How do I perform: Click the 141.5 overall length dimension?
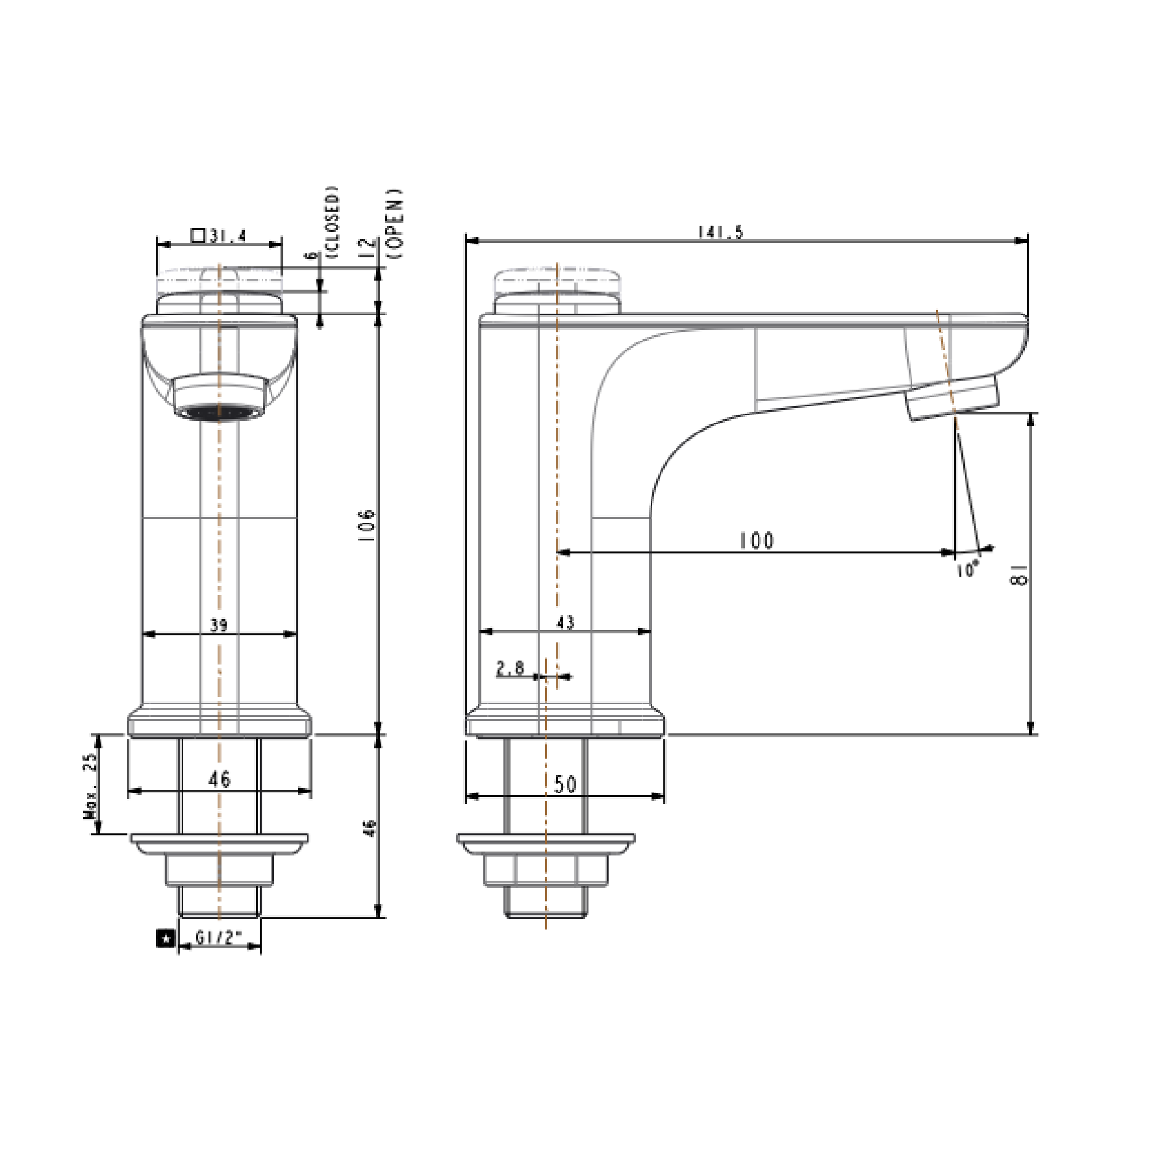(x=720, y=232)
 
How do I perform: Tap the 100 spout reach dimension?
(x=757, y=540)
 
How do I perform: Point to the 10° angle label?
(x=967, y=570)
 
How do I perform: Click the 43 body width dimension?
(x=566, y=622)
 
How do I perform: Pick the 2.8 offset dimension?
(x=510, y=668)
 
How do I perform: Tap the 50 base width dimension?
(x=565, y=784)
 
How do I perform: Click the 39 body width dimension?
(x=219, y=625)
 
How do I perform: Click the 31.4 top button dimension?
(x=227, y=235)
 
